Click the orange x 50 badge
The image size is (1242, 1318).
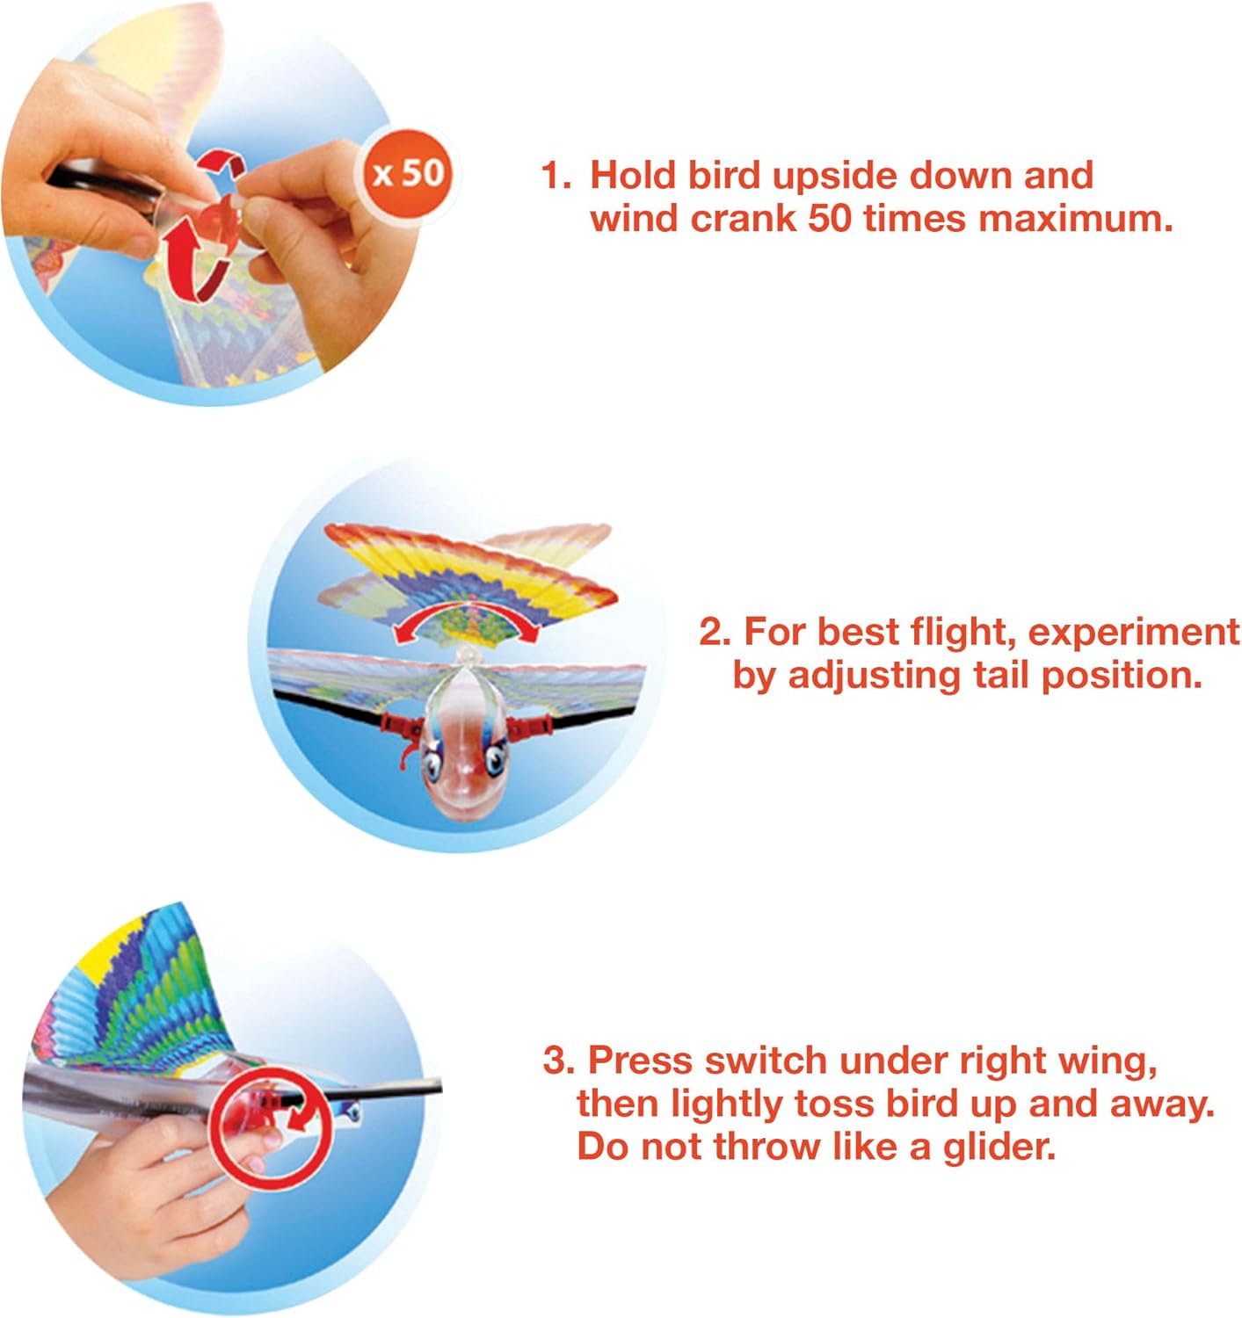tap(409, 173)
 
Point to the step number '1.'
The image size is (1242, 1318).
tap(556, 176)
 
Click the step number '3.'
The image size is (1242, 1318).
tap(558, 1061)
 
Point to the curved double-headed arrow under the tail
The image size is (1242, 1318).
tap(466, 622)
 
